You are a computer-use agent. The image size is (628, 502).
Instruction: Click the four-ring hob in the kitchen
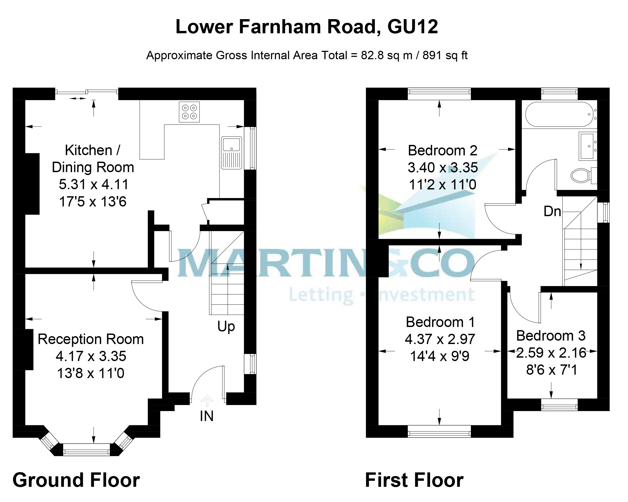[189, 112]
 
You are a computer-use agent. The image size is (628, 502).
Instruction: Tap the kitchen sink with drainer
[231, 153]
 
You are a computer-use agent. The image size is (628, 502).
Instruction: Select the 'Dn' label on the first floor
[552, 211]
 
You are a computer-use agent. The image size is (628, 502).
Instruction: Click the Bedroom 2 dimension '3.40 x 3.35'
[443, 168]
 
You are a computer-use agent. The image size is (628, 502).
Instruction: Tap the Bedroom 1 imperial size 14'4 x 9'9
[440, 356]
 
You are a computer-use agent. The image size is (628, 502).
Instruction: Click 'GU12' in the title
[413, 27]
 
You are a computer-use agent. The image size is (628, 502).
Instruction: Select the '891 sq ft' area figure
[445, 55]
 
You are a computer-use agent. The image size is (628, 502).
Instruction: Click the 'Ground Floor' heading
[76, 481]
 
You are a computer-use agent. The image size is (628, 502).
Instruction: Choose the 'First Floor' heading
[414, 481]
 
